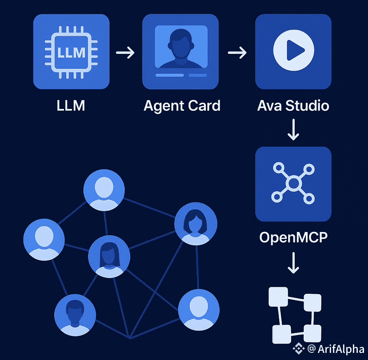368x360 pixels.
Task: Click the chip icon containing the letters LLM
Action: point(71,52)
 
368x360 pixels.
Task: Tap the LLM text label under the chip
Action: point(71,106)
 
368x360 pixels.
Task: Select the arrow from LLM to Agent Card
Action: point(125,53)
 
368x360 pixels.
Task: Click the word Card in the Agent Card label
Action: point(204,106)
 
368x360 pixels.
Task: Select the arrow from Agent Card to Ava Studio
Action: point(237,53)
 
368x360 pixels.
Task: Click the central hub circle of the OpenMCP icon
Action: point(293,183)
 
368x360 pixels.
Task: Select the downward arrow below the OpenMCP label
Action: point(293,263)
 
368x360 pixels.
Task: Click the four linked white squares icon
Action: point(295,314)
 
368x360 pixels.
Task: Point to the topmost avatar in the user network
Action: point(104,190)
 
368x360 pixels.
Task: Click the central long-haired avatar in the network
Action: point(109,257)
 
